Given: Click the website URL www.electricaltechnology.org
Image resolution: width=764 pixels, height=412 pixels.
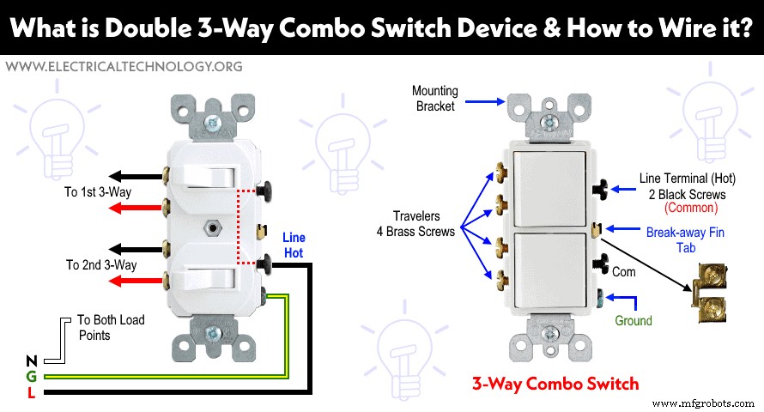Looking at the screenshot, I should coord(123,66).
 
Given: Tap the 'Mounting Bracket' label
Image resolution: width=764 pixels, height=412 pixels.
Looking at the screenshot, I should coord(435,99).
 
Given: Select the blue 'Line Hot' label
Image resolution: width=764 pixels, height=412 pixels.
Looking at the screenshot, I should coord(294,245).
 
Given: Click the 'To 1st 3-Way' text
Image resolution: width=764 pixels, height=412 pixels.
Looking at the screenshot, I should coord(100,192).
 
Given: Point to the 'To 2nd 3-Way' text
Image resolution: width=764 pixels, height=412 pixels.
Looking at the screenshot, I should coord(101,265).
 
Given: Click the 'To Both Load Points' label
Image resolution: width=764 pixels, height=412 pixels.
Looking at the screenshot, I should coord(111,328).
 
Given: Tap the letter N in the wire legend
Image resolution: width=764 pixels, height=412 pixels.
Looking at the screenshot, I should coord(32,361).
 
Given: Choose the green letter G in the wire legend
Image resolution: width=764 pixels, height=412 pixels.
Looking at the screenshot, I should coord(32,377).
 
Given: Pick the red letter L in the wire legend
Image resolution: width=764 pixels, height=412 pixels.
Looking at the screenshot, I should coord(32,392).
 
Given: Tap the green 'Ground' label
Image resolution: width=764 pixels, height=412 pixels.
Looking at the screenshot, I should coord(634,321).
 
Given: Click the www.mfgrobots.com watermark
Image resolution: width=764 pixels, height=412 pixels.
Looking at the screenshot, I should coord(705,402).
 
